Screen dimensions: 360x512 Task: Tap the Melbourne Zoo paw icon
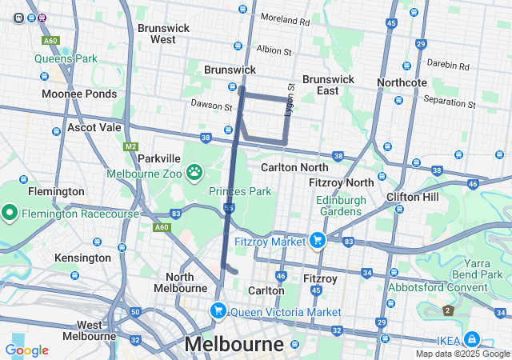tap(194, 172)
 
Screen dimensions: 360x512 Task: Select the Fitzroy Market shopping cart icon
tap(318, 240)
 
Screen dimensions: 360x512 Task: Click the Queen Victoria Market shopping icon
tap(217, 311)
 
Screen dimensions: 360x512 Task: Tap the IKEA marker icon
tap(472, 339)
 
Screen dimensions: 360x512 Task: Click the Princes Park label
tap(239, 191)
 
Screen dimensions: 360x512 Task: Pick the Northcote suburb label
tap(402, 82)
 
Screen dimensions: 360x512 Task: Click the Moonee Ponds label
tap(80, 94)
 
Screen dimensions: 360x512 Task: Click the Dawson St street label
tap(211, 105)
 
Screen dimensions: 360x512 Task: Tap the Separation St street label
tap(449, 102)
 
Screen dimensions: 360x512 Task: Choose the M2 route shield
tap(131, 147)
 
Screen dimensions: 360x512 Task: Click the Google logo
tap(26, 350)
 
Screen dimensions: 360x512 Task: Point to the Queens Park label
tap(65, 58)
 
